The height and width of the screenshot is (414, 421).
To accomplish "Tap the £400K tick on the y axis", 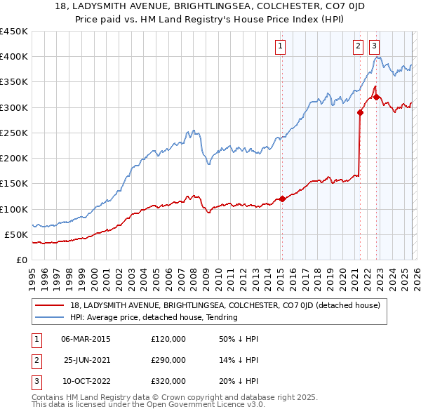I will (14, 57).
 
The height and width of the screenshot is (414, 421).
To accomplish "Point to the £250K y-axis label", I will (14, 133).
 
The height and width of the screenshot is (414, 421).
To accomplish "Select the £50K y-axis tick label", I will (17, 235).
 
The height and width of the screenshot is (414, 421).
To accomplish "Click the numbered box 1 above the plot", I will (281, 46).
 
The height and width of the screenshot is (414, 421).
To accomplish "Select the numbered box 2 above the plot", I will (358, 46).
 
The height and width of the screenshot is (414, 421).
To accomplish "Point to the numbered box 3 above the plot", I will (374, 46).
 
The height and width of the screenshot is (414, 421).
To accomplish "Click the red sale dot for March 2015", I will (282, 199).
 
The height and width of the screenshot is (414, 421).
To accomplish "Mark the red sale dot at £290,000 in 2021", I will (360, 112).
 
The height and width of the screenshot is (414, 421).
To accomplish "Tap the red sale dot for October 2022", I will (376, 97).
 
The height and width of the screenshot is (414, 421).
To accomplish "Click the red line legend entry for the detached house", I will (225, 305).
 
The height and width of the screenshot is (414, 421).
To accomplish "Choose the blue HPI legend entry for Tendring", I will (154, 317).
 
